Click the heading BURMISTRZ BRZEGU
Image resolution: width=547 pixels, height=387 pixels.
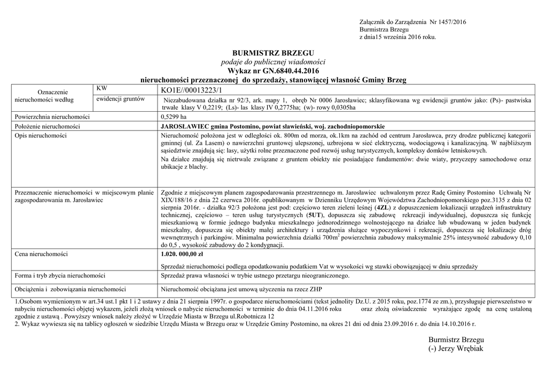[273, 53]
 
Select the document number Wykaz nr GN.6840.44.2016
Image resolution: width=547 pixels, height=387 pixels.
[273, 71]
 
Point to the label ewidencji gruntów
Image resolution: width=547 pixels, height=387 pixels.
[121, 99]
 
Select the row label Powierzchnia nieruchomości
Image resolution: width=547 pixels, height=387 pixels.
[52, 117]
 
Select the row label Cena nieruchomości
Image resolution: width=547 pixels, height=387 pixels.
[41, 254]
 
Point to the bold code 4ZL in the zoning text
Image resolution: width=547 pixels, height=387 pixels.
[382, 206]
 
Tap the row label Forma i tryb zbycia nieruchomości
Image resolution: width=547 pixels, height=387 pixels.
[60, 276]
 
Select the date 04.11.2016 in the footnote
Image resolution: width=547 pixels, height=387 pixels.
[314, 309]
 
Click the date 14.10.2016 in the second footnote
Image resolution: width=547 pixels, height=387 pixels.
[458, 324]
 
